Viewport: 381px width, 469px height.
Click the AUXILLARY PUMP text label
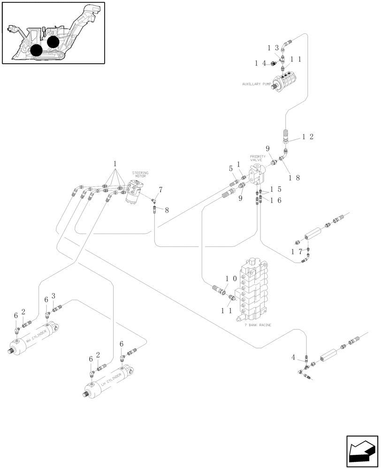(257, 84)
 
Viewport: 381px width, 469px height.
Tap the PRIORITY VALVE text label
(258, 158)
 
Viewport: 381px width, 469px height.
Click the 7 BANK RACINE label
(258, 325)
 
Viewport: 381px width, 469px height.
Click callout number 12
(307, 137)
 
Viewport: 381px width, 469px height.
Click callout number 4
(293, 358)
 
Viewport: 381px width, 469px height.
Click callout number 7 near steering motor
(160, 189)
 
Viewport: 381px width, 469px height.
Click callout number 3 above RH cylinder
(53, 295)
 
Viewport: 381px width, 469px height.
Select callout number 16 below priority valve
(276, 200)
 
